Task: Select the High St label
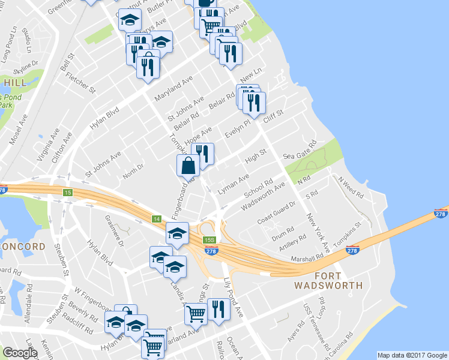tap(255, 157)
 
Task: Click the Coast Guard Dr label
tap(277, 212)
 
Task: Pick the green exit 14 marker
tap(157, 218)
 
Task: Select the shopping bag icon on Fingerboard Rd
tap(187, 165)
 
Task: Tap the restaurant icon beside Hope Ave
tap(203, 153)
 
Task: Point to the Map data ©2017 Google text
tap(412, 355)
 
